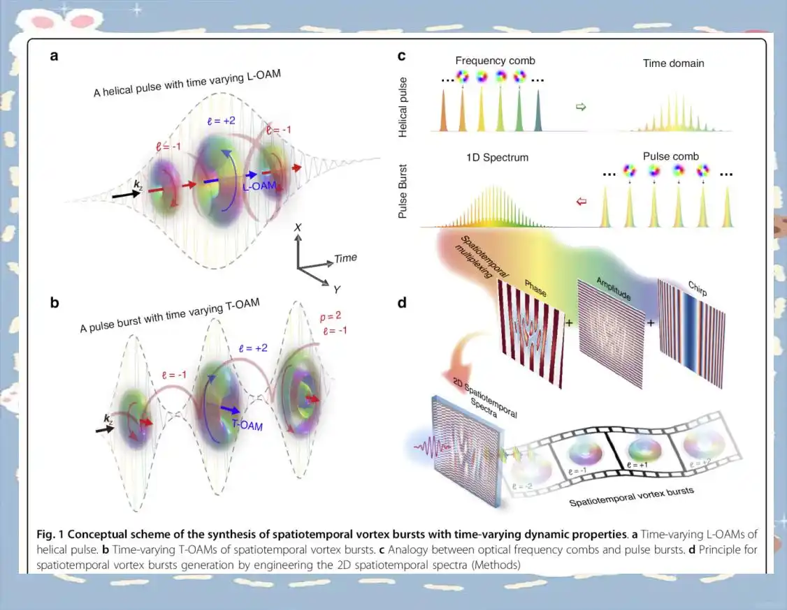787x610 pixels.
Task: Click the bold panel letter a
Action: [x=54, y=57]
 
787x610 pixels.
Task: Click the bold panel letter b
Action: [x=54, y=303]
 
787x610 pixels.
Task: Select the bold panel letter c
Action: [x=402, y=56]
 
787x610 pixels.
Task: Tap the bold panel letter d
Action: [x=403, y=303]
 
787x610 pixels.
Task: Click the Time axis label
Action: [x=345, y=258]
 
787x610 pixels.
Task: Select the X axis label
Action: [x=298, y=228]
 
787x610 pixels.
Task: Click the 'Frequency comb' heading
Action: [x=495, y=61]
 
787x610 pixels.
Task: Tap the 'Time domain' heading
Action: [x=673, y=64]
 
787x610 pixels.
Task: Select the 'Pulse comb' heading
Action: [x=670, y=156]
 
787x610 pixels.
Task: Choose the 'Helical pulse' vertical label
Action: [x=403, y=107]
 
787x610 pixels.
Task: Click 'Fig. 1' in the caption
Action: [x=50, y=534]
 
